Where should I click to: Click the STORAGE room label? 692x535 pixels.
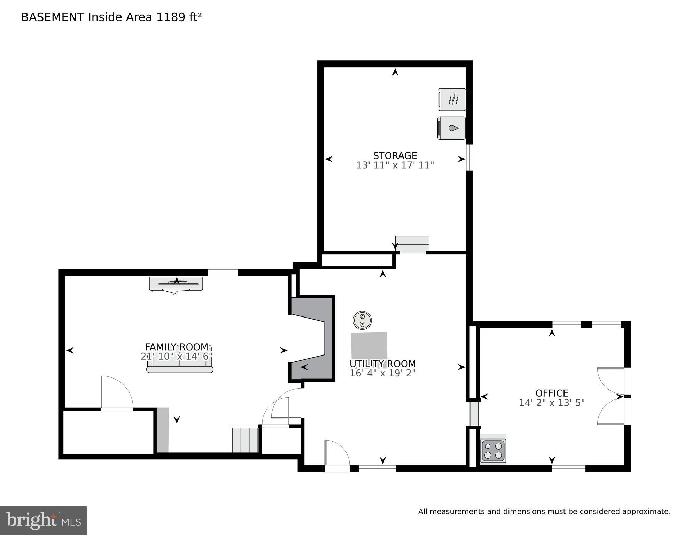(x=395, y=155)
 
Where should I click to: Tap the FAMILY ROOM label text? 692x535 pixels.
(x=177, y=347)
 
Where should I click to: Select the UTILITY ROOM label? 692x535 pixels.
(x=382, y=364)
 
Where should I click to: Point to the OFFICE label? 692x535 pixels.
(x=551, y=393)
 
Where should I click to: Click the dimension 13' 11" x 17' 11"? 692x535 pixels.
(x=395, y=165)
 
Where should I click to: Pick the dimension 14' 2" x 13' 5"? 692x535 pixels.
(x=551, y=403)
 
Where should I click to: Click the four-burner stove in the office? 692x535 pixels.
(x=493, y=451)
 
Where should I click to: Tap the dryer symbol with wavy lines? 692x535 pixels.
(x=452, y=100)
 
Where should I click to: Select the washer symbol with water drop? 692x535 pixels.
(x=451, y=128)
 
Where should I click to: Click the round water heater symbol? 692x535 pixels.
(x=362, y=320)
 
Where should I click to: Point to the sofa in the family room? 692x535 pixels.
(x=179, y=369)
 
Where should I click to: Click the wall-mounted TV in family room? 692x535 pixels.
(x=176, y=283)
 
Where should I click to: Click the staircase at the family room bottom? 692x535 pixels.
(x=245, y=440)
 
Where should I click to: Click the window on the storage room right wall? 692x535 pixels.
(x=469, y=158)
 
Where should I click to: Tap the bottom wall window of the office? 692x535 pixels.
(x=568, y=468)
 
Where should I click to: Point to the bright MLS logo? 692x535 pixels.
(x=43, y=520)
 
